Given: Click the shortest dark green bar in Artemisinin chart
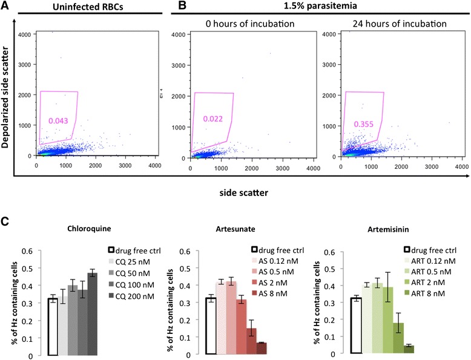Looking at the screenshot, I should pos(409,350).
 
